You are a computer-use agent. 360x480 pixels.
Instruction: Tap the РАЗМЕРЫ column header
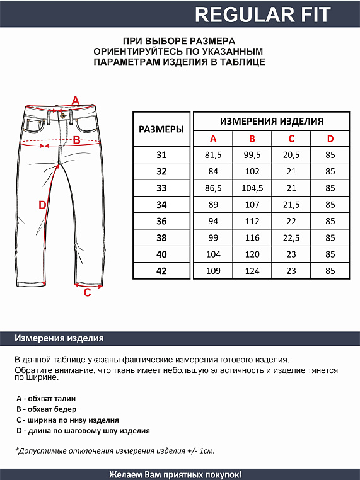pyautogui.click(x=161, y=129)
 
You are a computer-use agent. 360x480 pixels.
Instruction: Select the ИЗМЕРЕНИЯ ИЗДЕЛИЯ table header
pyautogui.click(x=271, y=122)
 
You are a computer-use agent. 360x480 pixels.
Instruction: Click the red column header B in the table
pyautogui.click(x=252, y=139)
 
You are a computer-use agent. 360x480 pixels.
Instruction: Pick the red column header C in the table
pyautogui.click(x=291, y=139)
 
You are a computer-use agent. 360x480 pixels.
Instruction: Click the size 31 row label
pyautogui.click(x=161, y=155)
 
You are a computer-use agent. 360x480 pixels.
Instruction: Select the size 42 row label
pyautogui.click(x=161, y=270)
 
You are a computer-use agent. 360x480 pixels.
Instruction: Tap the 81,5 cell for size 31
pyautogui.click(x=213, y=155)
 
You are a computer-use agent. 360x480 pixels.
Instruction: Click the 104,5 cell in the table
pyautogui.click(x=252, y=188)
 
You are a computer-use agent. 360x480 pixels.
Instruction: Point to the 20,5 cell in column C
pyautogui.click(x=291, y=155)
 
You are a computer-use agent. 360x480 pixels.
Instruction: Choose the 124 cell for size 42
pyautogui.click(x=252, y=270)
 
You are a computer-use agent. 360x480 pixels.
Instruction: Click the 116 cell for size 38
pyautogui.click(x=252, y=237)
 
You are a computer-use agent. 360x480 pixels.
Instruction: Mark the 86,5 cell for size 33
pyautogui.click(x=213, y=188)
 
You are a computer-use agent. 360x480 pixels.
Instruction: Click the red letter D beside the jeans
pyautogui.click(x=42, y=205)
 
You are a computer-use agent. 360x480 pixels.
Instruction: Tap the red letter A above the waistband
pyautogui.click(x=76, y=100)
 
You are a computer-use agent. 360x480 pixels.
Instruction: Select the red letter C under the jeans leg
pyautogui.click(x=88, y=292)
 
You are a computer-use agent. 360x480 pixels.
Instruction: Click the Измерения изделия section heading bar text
pyautogui.click(x=59, y=338)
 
